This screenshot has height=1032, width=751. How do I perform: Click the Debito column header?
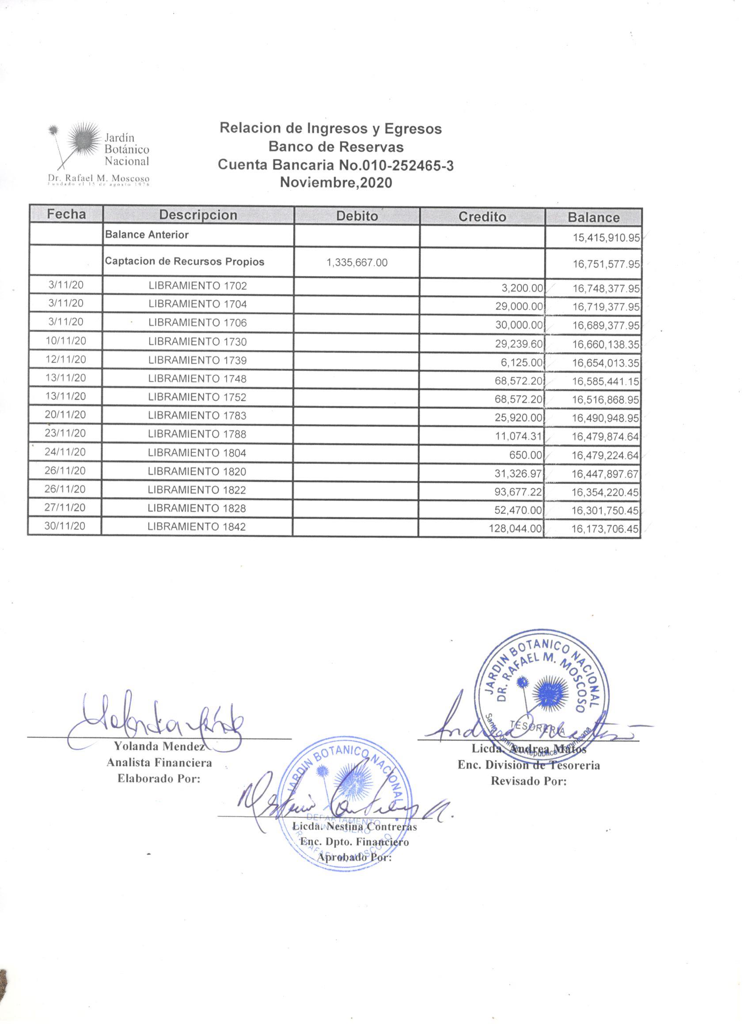click(x=357, y=216)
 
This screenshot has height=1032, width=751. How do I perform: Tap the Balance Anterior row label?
click(x=147, y=235)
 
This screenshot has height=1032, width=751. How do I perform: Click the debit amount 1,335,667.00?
click(x=357, y=263)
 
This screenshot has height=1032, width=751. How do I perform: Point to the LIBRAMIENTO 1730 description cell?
click(x=197, y=341)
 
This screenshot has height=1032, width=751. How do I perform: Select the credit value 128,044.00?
click(x=515, y=528)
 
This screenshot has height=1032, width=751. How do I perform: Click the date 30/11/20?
click(x=64, y=526)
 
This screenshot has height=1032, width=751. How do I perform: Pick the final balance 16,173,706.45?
click(x=605, y=529)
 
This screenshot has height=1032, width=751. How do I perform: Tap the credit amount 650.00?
click(x=529, y=455)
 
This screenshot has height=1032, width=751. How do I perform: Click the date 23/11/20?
click(x=65, y=433)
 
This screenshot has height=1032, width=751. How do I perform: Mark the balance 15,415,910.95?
click(x=606, y=237)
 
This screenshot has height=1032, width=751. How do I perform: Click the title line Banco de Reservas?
click(x=336, y=147)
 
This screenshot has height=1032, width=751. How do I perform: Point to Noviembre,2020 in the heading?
click(x=336, y=182)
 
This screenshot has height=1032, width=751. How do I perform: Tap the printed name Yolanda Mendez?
click(x=159, y=746)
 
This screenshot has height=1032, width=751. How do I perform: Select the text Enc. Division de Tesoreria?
click(x=528, y=765)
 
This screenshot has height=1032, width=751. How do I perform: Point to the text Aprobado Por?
click(x=354, y=857)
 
